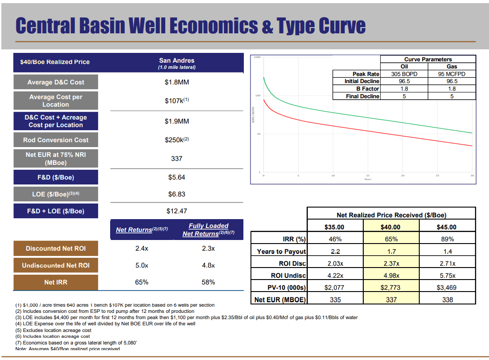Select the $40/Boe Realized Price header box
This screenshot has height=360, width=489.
(55, 62)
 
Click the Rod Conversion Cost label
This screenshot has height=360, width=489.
(56, 140)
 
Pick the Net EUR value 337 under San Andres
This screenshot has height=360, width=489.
(176, 158)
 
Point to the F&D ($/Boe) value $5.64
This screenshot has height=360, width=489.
(176, 177)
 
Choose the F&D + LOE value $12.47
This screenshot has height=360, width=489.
(176, 211)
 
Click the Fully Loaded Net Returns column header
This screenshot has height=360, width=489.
(208, 230)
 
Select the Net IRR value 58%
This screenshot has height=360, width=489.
(208, 282)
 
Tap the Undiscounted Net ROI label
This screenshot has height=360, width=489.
(56, 265)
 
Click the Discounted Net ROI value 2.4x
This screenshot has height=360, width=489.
(141, 248)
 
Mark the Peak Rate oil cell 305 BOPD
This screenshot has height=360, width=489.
(404, 74)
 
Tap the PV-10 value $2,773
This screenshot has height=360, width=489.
(391, 288)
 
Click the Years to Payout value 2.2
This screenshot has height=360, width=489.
(335, 252)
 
